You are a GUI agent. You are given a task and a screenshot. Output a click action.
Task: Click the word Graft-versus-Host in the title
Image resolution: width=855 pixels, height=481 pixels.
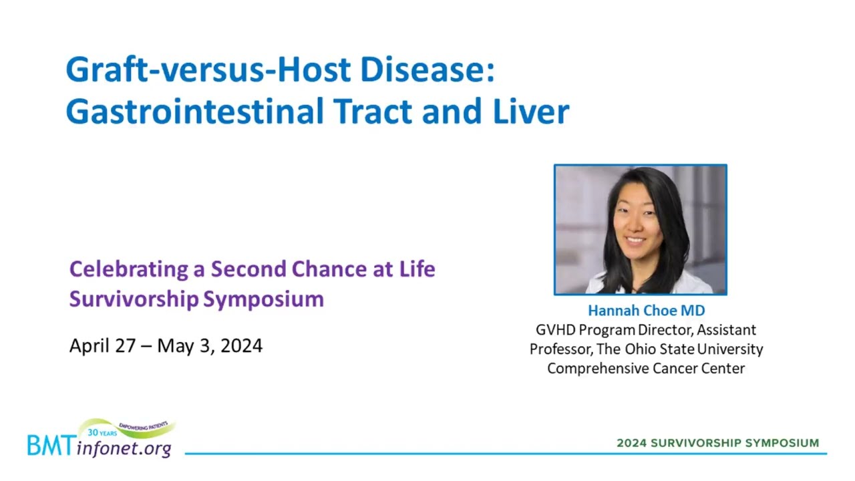coord(208,69)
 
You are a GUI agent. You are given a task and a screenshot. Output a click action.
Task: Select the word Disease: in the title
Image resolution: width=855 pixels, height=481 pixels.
coord(427,69)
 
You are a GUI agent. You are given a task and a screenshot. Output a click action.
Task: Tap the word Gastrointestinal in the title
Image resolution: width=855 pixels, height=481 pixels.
coord(194,111)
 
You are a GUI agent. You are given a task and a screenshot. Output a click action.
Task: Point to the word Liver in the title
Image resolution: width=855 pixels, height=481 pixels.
coord(531,111)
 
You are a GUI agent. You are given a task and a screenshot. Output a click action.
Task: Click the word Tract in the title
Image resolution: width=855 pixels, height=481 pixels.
coord(373,111)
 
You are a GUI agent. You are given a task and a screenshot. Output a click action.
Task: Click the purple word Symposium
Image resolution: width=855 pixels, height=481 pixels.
coord(263,299)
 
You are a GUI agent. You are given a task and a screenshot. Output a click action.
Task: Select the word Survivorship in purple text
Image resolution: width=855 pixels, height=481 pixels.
coord(134,299)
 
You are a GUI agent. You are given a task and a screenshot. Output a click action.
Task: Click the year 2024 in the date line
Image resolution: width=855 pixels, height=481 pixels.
coord(241,346)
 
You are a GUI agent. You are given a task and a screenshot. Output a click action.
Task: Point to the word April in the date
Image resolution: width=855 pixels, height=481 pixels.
coord(90,347)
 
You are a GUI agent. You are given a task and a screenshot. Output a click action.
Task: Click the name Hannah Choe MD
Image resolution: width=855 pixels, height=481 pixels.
coord(646,311)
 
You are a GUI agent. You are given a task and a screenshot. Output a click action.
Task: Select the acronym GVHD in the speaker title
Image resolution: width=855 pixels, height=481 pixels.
coord(555,330)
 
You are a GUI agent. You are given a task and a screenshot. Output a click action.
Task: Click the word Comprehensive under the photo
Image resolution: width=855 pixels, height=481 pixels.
coord(598,369)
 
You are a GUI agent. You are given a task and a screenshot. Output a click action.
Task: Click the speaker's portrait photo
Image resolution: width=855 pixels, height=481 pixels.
coord(641,230)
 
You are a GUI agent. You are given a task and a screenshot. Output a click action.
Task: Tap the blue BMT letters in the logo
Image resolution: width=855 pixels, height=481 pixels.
coord(51,446)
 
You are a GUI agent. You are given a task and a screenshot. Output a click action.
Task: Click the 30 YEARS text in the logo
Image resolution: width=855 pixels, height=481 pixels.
coord(102,433)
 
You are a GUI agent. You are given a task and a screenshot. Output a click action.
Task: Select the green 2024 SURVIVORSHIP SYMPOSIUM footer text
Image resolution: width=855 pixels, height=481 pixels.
coord(718,443)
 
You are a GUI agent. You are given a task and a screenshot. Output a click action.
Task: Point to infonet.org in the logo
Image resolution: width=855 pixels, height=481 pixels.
coord(124,448)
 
